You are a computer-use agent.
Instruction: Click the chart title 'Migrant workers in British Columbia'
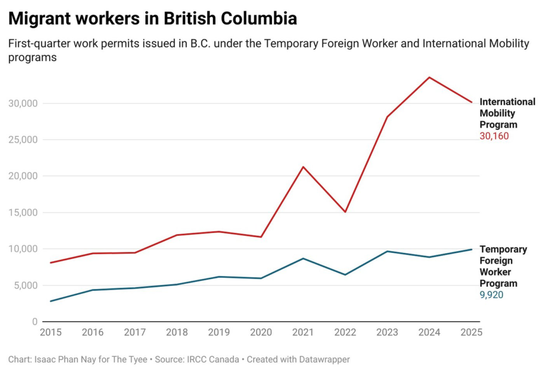point(152,19)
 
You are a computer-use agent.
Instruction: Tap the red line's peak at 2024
point(429,78)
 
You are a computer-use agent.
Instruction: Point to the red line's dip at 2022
point(345,212)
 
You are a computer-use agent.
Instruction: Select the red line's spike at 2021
point(303,167)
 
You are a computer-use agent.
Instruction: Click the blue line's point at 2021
point(303,259)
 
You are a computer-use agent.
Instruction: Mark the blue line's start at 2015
point(51,301)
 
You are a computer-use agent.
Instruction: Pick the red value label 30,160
point(494,136)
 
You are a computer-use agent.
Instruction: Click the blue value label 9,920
point(491,295)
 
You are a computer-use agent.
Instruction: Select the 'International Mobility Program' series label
point(507,113)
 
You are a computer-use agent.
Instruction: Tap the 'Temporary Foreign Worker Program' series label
point(503,266)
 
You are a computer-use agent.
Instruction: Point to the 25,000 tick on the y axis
point(22,140)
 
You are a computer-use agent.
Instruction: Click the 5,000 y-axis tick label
point(24,285)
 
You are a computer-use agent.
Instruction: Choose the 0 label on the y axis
point(35,322)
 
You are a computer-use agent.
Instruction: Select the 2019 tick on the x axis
point(219,333)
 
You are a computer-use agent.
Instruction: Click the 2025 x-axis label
point(471,333)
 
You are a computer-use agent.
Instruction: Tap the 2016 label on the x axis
point(93,333)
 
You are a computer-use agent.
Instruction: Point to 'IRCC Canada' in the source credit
point(209,360)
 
